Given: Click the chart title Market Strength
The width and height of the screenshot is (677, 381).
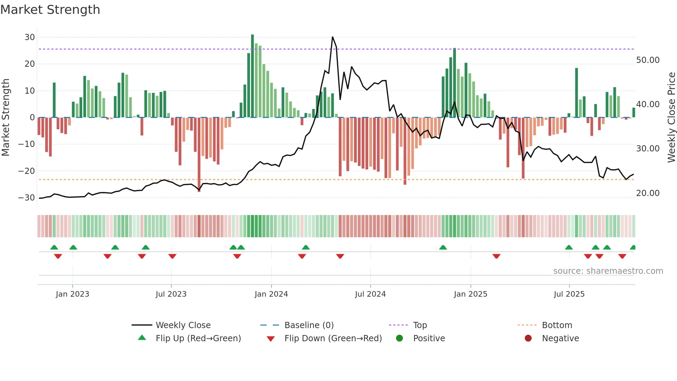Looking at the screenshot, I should (x=50, y=10).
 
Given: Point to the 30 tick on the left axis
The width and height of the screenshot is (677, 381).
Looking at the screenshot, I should (x=30, y=37).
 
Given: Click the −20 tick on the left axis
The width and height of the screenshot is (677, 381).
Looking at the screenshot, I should (x=27, y=171).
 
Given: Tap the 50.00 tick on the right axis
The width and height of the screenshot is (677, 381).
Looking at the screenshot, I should (x=648, y=60).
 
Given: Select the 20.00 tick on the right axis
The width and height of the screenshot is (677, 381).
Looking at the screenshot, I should (x=648, y=193).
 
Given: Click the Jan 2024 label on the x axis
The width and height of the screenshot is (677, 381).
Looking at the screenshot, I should (x=271, y=294).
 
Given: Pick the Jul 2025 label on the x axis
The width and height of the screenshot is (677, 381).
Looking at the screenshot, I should (x=569, y=294).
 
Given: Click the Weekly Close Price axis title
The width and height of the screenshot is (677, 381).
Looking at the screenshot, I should (x=671, y=118).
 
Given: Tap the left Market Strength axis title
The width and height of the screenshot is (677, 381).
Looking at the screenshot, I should (x=6, y=118).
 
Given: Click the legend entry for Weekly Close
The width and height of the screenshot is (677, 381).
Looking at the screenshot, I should (x=183, y=325).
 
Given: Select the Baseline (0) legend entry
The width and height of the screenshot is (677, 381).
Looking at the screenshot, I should (x=309, y=325).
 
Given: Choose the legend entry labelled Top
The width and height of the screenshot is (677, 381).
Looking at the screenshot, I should (x=420, y=325).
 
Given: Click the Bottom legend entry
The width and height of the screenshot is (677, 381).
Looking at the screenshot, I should (x=557, y=325).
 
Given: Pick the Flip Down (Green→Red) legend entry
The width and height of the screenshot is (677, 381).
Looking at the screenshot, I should (x=333, y=338).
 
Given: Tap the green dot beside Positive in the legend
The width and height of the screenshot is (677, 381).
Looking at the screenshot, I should (x=400, y=338).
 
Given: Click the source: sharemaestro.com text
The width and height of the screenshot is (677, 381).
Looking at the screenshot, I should (x=608, y=271).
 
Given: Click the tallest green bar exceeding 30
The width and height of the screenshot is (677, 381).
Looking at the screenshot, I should (x=252, y=76).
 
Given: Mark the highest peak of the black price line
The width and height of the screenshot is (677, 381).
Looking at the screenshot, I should (x=332, y=37).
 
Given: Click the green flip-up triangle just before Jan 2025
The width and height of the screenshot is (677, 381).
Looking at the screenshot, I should (x=443, y=247).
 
